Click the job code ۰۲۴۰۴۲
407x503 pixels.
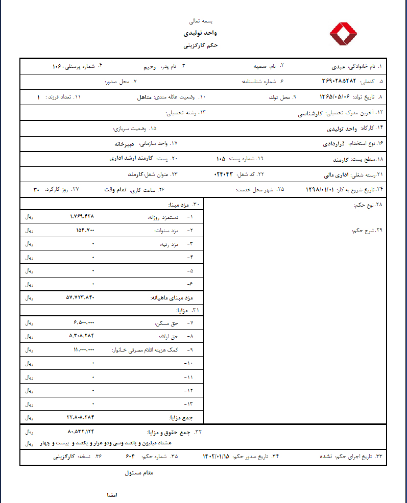point(223,174)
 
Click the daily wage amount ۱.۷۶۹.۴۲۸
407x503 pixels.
point(82,216)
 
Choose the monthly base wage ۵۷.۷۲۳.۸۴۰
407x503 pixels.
point(81,297)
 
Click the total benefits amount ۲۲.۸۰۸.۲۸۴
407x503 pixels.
point(81,417)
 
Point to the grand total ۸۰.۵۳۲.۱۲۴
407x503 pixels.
point(81,432)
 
